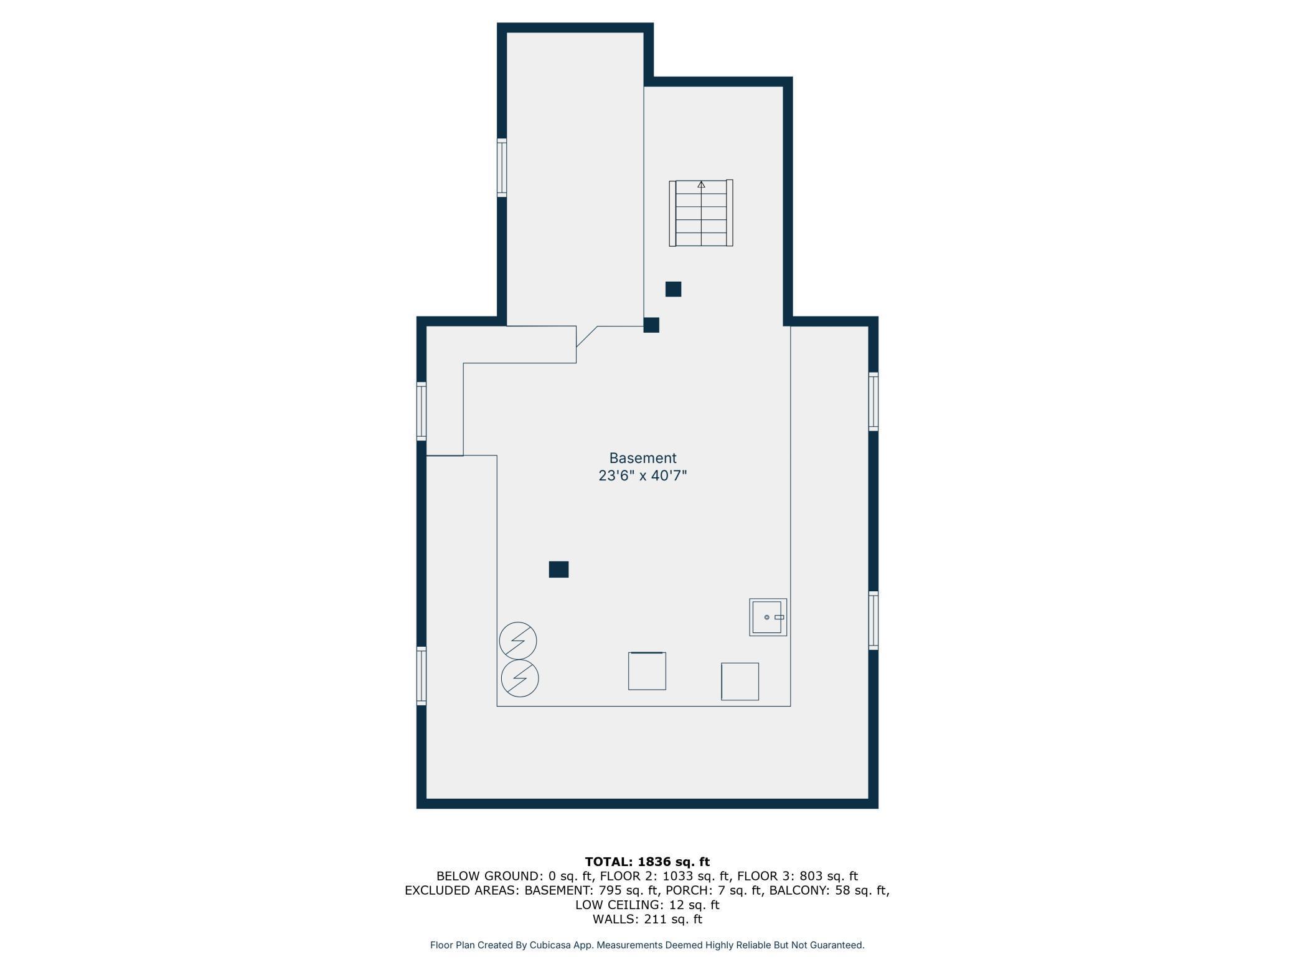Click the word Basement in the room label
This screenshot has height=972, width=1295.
coord(643,458)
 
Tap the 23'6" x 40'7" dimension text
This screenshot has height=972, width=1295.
coord(643,476)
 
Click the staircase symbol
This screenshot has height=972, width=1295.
coord(701,213)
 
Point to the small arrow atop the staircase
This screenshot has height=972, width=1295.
coord(701,184)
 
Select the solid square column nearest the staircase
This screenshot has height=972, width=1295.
coord(673,289)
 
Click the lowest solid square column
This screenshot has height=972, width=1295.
coord(558,569)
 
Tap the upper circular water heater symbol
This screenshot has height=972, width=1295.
coord(518,641)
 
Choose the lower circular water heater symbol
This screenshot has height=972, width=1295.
coord(520,679)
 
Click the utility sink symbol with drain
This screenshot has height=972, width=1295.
coord(768,617)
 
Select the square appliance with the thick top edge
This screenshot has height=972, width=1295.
coord(647,671)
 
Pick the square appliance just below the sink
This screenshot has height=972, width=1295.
coord(740,682)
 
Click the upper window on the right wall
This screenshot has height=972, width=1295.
coord(874,402)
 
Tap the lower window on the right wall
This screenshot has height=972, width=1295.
coord(874,621)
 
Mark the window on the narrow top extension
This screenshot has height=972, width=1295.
coord(502,168)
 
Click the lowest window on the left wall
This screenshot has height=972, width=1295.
coord(421,676)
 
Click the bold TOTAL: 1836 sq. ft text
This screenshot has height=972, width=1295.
coord(647,862)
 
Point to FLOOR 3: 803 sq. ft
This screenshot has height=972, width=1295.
coord(798,876)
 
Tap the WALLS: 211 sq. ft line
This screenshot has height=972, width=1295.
coord(647,919)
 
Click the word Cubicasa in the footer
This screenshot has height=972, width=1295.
coord(550,945)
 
